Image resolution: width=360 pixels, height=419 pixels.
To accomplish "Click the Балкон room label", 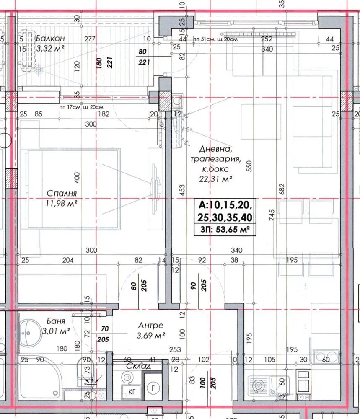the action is [50, 38].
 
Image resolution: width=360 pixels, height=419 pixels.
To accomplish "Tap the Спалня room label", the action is [62, 193].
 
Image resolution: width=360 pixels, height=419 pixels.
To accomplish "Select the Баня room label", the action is [56, 321].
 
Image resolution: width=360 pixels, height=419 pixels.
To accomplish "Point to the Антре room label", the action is [151, 325].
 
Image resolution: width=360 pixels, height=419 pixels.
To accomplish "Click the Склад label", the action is [138, 366].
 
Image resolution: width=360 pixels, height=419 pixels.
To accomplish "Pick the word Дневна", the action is [215, 149].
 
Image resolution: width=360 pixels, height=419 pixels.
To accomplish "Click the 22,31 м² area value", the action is [215, 178].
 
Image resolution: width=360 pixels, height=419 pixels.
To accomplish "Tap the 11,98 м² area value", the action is [62, 203].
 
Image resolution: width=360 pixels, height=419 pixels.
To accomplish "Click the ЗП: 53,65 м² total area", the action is [225, 230].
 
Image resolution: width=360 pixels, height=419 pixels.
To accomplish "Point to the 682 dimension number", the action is [282, 189].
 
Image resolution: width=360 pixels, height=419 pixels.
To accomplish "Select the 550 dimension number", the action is [249, 166].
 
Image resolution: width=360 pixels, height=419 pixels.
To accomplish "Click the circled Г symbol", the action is [153, 388].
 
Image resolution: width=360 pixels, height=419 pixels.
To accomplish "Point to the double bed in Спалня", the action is [70, 189].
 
